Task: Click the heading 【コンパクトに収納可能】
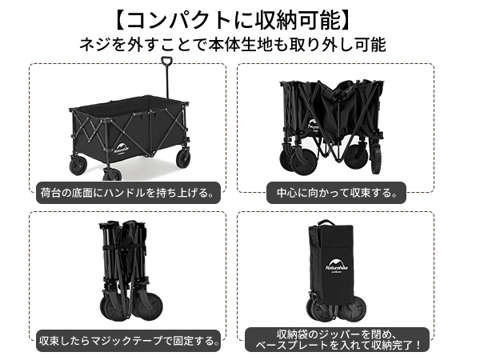click(x=239, y=18)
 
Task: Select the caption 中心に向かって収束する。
click(x=335, y=192)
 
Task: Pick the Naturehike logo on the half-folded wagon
click(x=314, y=128)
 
